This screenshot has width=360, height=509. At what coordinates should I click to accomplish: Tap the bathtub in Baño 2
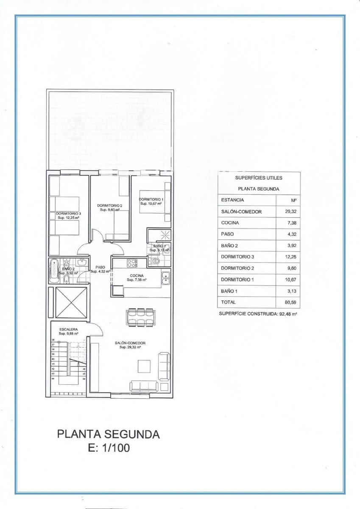coord(53,271)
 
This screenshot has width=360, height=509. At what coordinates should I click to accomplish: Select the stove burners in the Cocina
coord(133,263)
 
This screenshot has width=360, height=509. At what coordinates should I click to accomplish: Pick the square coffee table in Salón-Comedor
coord(144,366)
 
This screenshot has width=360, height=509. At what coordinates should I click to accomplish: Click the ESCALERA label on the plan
coord(68,329)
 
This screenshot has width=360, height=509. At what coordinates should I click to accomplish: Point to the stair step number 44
coord(53,378)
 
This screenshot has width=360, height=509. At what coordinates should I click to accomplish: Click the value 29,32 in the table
coord(288,212)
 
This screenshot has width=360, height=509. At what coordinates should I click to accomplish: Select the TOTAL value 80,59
coord(288,302)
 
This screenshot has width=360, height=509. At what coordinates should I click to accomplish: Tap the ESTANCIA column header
coord(233,200)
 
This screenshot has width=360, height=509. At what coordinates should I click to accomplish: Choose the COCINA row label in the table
coord(230,223)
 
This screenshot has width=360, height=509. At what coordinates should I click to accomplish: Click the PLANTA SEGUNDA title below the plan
coord(109,434)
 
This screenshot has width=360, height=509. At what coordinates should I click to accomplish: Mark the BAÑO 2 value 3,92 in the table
coord(288,246)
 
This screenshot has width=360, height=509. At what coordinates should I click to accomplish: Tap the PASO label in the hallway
coord(100,267)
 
